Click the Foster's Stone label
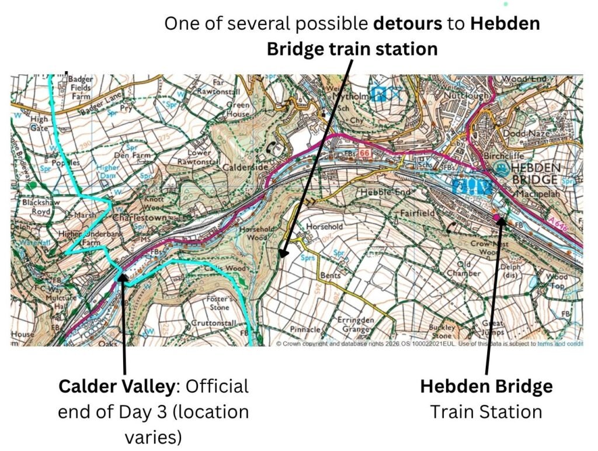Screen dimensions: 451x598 218,303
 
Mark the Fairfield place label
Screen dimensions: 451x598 418,214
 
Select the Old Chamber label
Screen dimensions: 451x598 464,269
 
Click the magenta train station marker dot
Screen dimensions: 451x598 498,218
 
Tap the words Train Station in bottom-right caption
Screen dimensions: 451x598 486,412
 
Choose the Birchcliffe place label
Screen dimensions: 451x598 507,156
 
